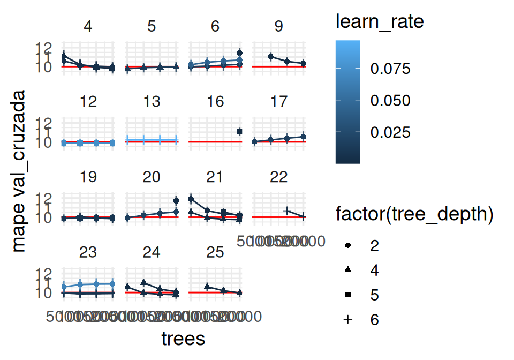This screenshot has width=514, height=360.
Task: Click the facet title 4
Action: pos(88,26)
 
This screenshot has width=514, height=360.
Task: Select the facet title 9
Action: pos(278,26)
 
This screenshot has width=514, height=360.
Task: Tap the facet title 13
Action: pos(152,102)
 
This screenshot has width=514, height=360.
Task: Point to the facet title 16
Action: pos(215,102)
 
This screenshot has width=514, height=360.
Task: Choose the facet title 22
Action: pos(278,177)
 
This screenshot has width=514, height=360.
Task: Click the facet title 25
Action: pos(215,252)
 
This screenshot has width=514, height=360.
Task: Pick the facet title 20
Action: pos(152,177)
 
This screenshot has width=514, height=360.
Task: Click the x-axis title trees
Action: pos(183,339)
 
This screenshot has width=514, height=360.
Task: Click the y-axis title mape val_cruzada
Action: pos(19,171)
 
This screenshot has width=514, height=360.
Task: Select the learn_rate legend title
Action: pos(380,22)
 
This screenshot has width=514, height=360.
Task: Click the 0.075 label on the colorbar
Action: pos(390,69)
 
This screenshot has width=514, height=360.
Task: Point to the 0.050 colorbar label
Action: pos(390,101)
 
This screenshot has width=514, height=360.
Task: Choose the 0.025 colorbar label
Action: pos(390,132)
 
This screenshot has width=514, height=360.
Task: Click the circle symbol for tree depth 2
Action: pos(348,245)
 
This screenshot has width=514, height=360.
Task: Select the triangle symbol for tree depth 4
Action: pos(348,270)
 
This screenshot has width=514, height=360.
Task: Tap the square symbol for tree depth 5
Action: pos(348,295)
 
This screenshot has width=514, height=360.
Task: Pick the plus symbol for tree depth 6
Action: pos(348,319)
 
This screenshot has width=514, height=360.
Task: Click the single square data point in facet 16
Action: pos(239,131)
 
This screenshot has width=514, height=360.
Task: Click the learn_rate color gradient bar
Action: pos(347,101)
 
